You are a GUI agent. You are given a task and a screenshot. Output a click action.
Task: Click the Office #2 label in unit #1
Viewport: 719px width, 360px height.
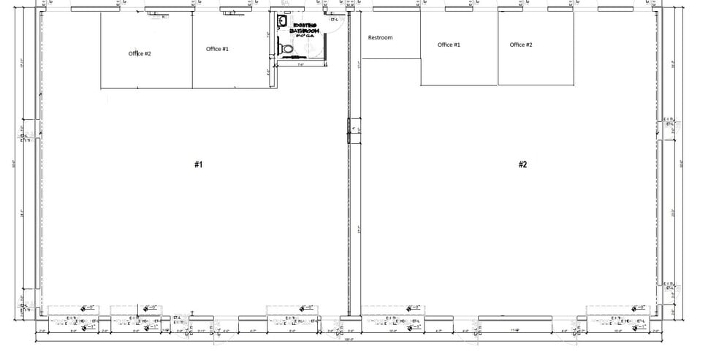140,53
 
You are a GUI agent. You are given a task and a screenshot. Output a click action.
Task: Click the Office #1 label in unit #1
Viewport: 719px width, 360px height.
217,49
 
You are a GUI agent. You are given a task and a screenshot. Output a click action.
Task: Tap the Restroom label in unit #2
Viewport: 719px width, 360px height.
380,37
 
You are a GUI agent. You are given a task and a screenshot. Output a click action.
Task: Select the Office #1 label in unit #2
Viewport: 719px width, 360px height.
449,45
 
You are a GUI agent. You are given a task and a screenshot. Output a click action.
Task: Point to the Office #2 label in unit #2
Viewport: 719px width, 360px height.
521,45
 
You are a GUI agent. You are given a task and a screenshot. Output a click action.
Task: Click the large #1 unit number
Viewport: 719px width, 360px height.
198,165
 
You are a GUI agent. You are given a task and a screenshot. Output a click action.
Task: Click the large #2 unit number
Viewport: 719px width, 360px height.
522,165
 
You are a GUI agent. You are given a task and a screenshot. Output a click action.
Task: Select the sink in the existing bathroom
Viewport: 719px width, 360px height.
281,21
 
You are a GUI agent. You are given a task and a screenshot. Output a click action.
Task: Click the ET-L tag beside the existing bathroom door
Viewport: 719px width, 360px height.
334,20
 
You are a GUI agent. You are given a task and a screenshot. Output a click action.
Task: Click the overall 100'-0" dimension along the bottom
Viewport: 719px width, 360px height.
349,340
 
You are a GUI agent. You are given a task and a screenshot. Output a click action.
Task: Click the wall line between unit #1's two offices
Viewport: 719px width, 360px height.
192,51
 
